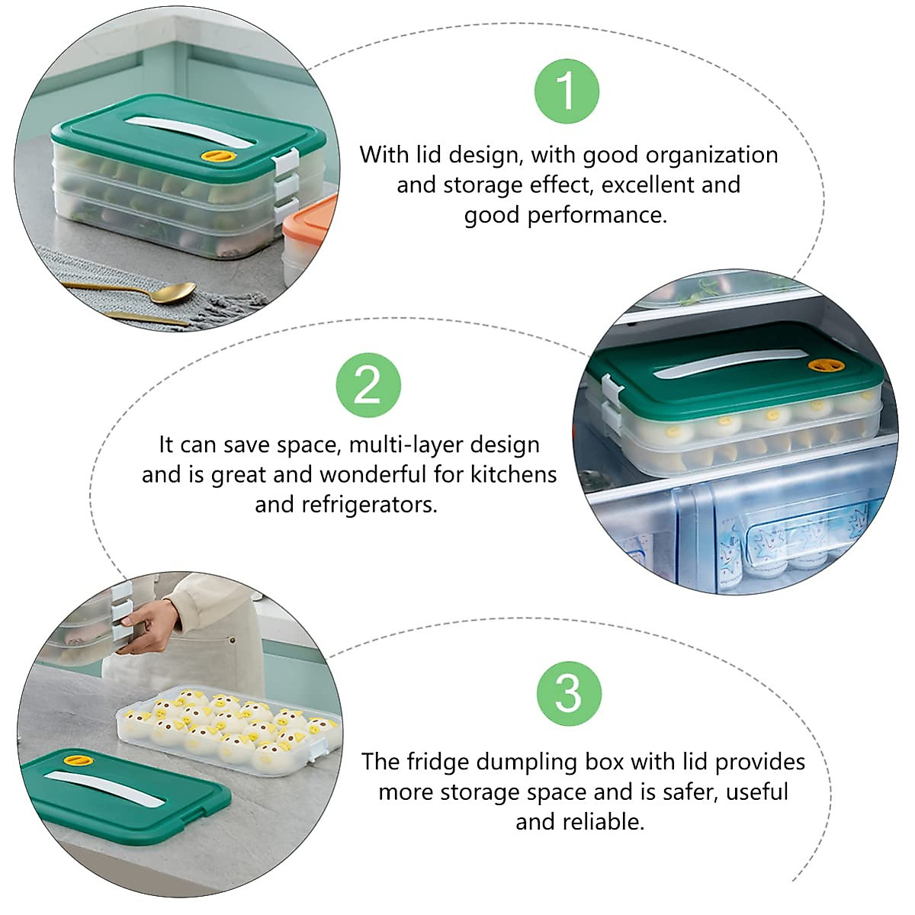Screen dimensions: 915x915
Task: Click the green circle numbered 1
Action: [567, 91]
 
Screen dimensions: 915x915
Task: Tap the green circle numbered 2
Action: [368, 384]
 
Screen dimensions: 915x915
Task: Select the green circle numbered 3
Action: [569, 693]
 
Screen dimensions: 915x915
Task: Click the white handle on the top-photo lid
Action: [184, 131]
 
